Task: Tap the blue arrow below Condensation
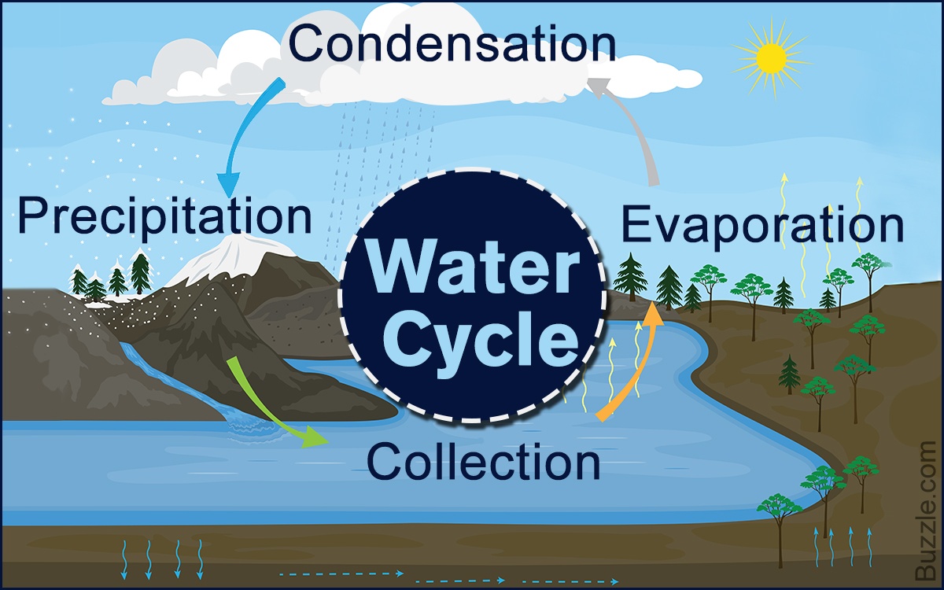coord(244,126)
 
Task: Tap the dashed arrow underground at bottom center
coord(342,573)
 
